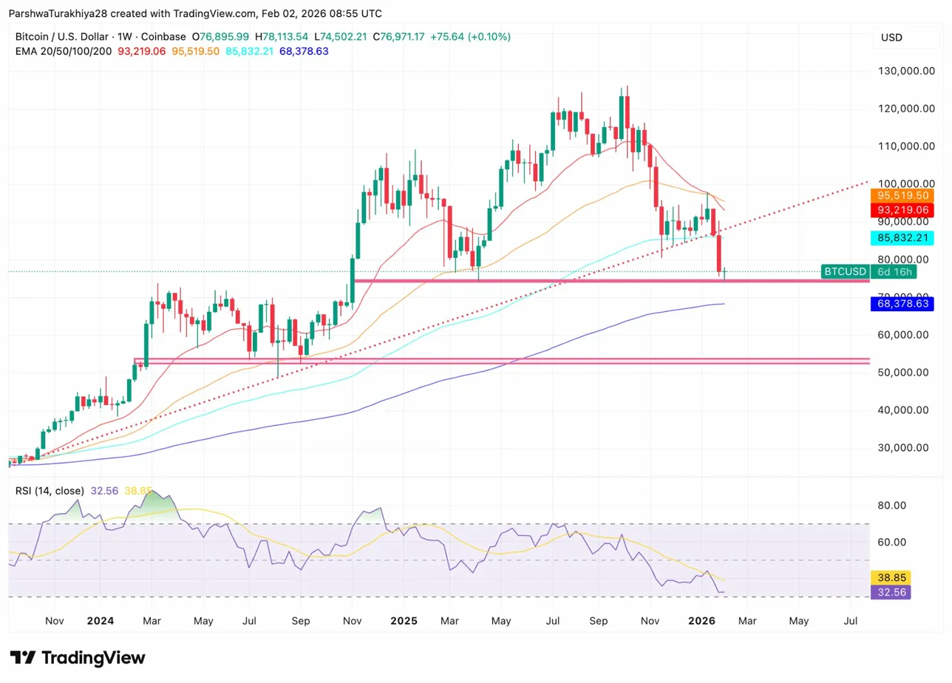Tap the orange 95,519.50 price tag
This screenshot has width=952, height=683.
click(902, 196)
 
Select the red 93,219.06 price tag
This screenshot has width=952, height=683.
click(902, 210)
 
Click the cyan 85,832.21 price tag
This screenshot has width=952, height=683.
click(902, 238)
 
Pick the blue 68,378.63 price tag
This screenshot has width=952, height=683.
click(902, 303)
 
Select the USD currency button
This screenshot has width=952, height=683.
click(891, 38)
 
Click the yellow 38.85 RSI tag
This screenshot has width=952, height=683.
click(891, 577)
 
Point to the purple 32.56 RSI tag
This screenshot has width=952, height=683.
click(891, 592)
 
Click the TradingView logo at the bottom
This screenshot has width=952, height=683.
click(78, 658)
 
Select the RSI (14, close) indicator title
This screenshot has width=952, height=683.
click(49, 491)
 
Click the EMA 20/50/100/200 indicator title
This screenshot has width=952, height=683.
click(64, 51)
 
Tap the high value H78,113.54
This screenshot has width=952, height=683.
click(285, 37)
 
